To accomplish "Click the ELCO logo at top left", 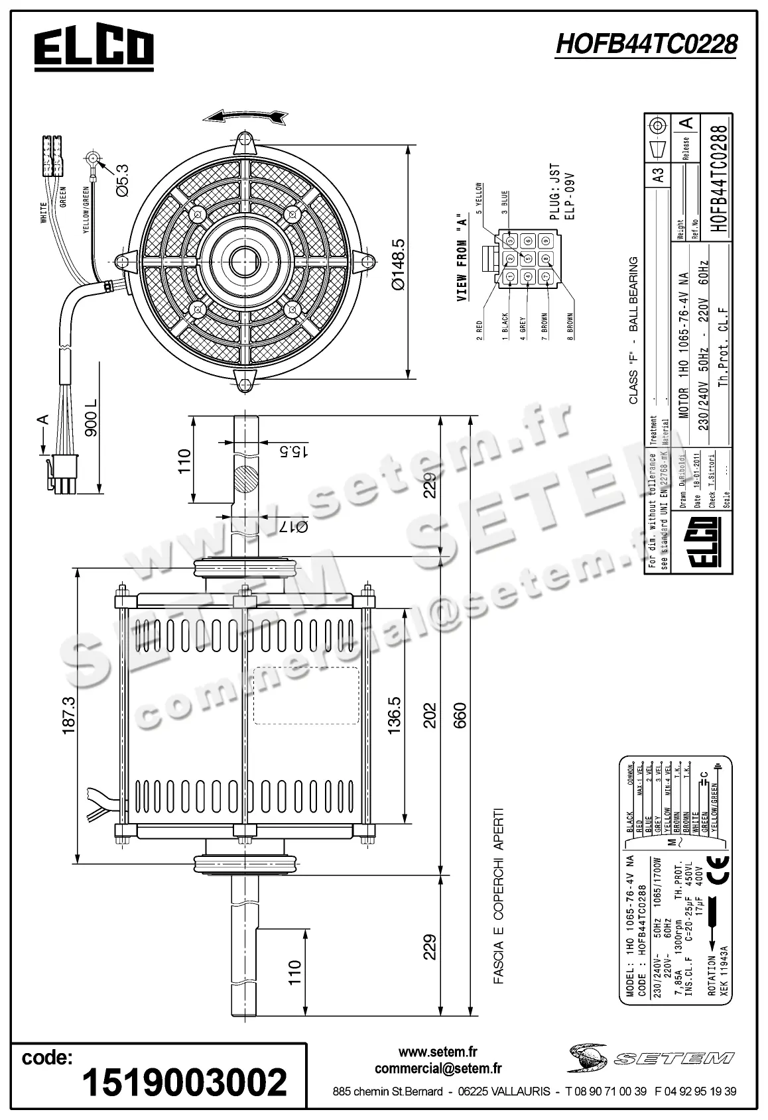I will tap(94, 48).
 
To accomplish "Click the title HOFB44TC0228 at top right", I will tap(646, 44).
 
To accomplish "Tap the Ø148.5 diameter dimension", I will tap(397, 264).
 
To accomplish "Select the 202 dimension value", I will tap(430, 715).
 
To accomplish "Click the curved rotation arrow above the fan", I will tap(246, 116).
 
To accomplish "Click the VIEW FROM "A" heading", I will tap(462, 258).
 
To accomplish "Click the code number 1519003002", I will tap(184, 1082).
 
